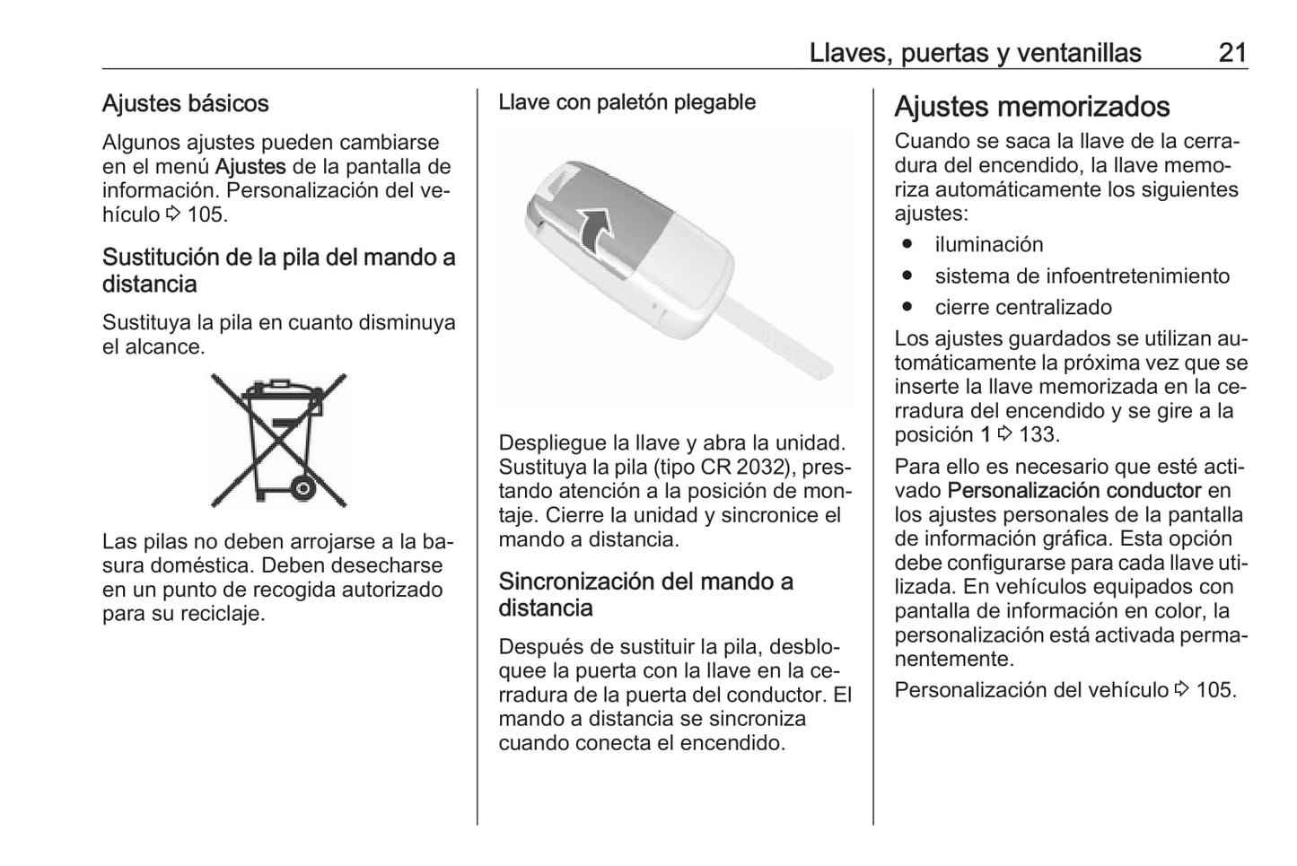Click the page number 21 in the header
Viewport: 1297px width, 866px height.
pyautogui.click(x=1231, y=53)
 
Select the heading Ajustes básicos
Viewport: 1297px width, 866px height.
pyautogui.click(x=185, y=103)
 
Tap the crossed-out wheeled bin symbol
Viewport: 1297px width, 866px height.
pyautogui.click(x=278, y=439)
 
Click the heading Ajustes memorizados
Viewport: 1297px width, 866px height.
pyautogui.click(x=1031, y=107)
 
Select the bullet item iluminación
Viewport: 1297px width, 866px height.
pyautogui.click(x=988, y=244)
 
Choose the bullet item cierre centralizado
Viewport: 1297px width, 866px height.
pyautogui.click(x=1022, y=307)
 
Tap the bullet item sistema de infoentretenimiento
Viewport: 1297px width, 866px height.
pyautogui.click(x=1082, y=276)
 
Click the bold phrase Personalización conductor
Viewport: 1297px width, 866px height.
pyautogui.click(x=1074, y=490)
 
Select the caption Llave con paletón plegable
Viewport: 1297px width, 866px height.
pyautogui.click(x=627, y=102)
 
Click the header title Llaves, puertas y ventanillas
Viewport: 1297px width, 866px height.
pyautogui.click(x=975, y=53)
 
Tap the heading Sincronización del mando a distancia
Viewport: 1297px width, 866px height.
pyautogui.click(x=645, y=594)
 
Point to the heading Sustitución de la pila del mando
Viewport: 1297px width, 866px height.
pyautogui.click(x=278, y=270)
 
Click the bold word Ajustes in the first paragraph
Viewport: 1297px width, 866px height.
pyautogui.click(x=250, y=166)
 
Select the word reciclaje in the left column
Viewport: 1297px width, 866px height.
pyautogui.click(x=219, y=614)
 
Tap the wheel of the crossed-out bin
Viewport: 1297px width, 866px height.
pyautogui.click(x=302, y=488)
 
